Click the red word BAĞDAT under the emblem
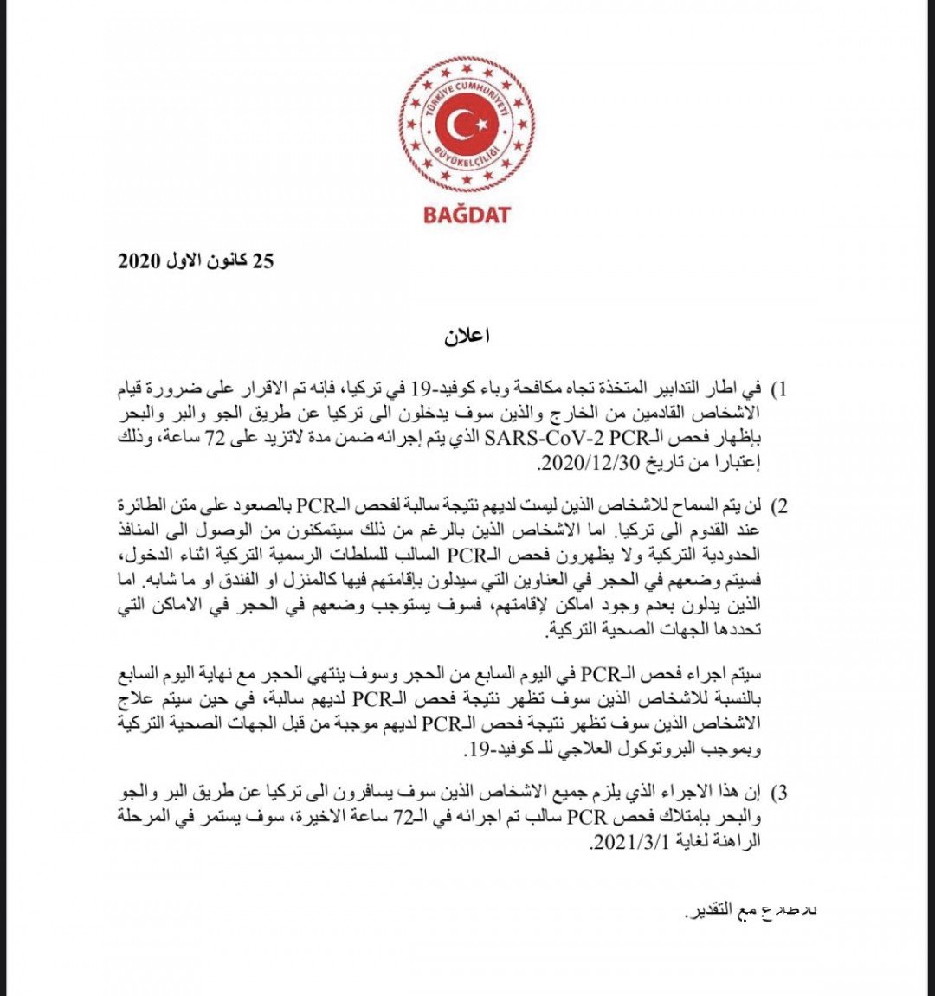click(x=467, y=213)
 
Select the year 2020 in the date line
click(x=139, y=260)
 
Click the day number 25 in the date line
click(x=262, y=260)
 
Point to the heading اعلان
click(x=467, y=337)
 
